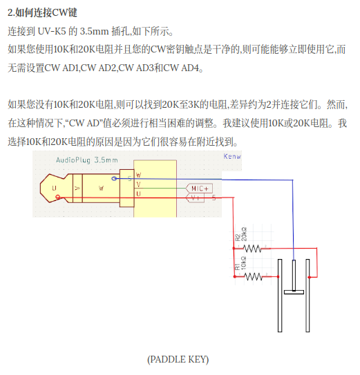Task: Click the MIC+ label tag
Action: (199, 189)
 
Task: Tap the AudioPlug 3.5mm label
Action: (87, 160)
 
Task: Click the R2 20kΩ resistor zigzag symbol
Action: (252, 249)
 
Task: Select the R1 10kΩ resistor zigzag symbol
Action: (254, 277)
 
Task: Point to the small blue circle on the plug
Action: (115, 178)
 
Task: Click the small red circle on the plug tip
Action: (57, 197)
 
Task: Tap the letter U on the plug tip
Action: (54, 189)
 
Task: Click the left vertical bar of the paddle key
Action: (280, 296)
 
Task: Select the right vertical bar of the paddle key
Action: (307, 296)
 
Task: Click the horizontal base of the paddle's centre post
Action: (294, 292)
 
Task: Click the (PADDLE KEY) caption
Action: (178, 359)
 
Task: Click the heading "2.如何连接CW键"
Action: (42, 12)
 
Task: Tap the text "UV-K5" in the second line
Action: (52, 31)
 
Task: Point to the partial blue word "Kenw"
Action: (232, 156)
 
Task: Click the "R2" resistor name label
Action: (238, 238)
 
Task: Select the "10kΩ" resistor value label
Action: (243, 263)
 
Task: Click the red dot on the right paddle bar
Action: (310, 277)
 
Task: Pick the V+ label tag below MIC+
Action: (196, 198)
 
